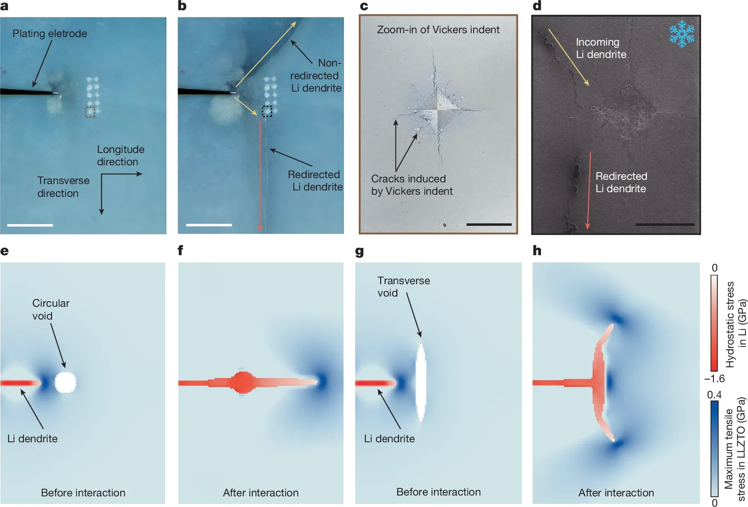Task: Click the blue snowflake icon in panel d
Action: click(682, 33)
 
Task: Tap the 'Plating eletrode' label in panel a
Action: click(49, 34)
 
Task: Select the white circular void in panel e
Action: click(66, 382)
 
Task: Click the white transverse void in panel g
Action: click(421, 382)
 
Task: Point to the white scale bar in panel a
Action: click(30, 225)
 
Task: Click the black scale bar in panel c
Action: click(489, 224)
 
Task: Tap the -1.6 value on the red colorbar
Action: click(714, 378)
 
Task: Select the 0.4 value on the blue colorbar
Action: click(714, 395)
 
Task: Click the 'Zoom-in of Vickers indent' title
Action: click(438, 30)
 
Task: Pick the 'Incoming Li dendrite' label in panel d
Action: click(601, 48)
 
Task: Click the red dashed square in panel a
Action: click(90, 112)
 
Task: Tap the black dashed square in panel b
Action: click(267, 111)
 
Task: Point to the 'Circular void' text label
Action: click(50, 309)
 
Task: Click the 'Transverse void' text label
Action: click(403, 287)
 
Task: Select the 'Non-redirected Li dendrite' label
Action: click(317, 75)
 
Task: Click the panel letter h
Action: click(537, 251)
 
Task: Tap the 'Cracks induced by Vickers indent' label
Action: click(411, 185)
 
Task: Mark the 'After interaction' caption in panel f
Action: click(261, 493)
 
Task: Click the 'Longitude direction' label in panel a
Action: click(120, 156)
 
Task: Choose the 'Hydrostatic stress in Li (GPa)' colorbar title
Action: click(736, 324)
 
